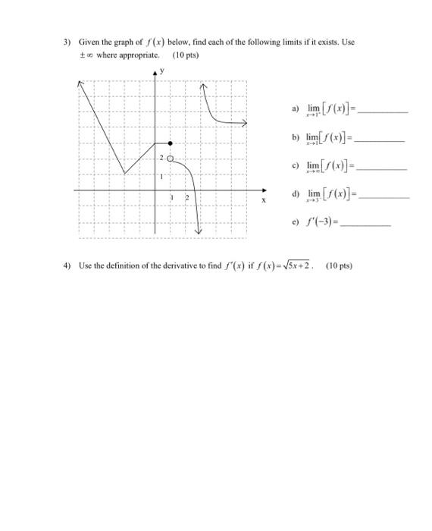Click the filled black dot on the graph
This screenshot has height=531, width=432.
tap(171, 143)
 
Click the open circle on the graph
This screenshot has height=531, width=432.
tap(170, 159)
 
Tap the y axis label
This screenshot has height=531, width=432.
tap(161, 71)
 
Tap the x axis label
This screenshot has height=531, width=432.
tap(263, 201)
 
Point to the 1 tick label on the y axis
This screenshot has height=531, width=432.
tap(161, 176)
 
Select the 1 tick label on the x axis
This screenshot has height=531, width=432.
tap(171, 196)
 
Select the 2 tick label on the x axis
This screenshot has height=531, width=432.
tap(185, 196)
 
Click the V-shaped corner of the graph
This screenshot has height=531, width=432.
tap(125, 174)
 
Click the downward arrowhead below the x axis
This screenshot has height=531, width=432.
tap(199, 231)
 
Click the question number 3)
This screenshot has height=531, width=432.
tap(67, 42)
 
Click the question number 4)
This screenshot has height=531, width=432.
tap(67, 265)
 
